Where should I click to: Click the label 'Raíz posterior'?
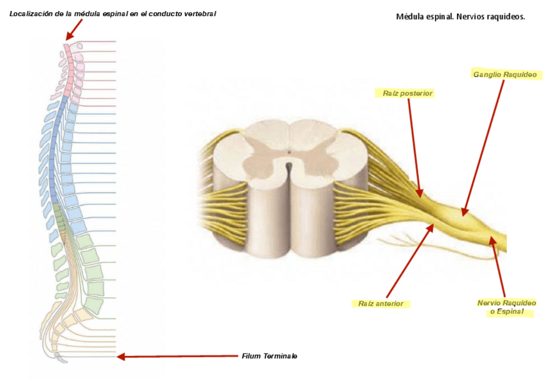[x=407, y=93]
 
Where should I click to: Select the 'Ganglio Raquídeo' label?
[x=505, y=75]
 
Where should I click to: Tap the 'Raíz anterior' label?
[x=381, y=303]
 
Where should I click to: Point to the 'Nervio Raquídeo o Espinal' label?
[x=506, y=307]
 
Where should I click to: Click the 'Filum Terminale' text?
[x=269, y=356]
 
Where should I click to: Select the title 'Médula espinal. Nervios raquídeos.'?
[x=460, y=17]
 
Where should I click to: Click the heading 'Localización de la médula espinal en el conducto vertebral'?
[x=112, y=13]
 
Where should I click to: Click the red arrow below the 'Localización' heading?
[x=74, y=30]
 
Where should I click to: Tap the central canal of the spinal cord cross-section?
[x=289, y=153]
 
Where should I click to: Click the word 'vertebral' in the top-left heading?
[x=197, y=13]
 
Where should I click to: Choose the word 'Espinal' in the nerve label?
[x=510, y=312]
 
